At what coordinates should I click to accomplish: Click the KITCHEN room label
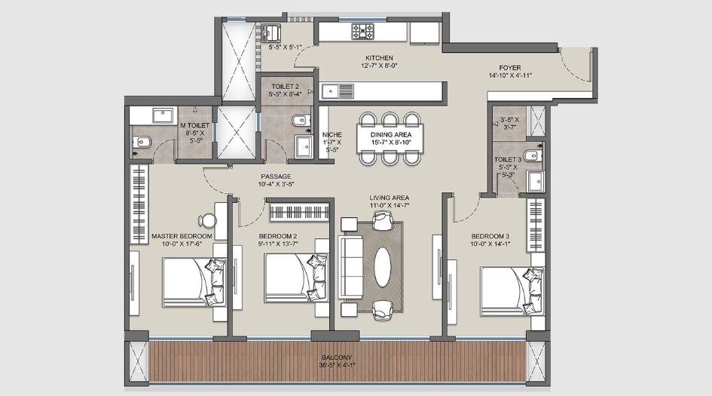[379, 58]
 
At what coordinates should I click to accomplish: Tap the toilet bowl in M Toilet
[142, 141]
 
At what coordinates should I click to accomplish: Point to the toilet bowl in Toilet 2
[299, 119]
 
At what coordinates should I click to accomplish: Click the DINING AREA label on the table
[390, 134]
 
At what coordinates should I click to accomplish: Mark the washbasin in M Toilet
[161, 116]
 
